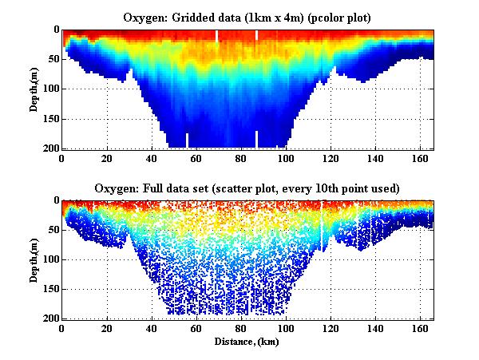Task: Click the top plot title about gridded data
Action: (x=247, y=18)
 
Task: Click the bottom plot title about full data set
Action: (x=247, y=188)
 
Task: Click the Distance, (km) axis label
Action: (x=247, y=342)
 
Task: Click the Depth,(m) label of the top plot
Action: (x=34, y=89)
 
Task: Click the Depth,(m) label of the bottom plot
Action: (x=34, y=259)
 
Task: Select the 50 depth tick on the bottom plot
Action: (x=52, y=231)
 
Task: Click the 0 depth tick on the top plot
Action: (x=55, y=30)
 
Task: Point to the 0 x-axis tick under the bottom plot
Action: (x=62, y=329)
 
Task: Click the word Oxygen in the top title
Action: (x=142, y=18)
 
